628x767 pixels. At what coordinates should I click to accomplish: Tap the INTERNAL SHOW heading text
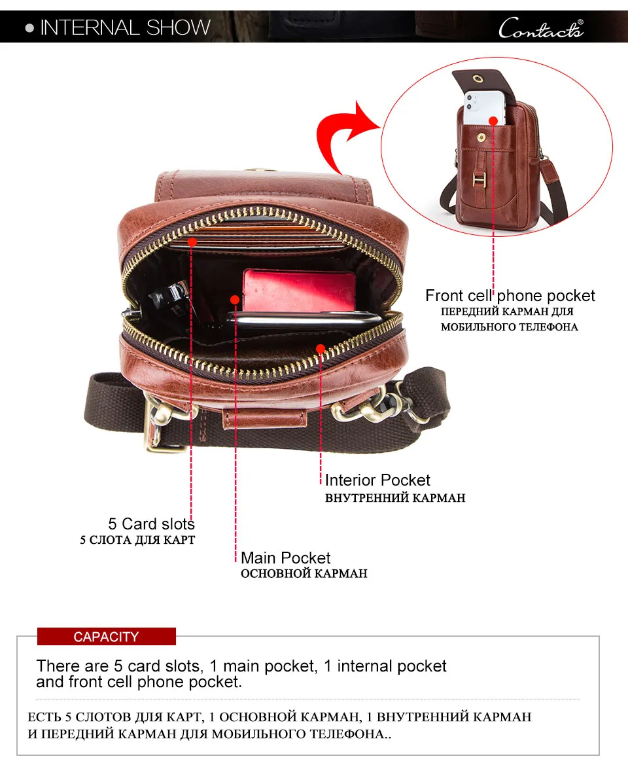coord(125,27)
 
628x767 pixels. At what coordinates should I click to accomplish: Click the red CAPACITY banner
coord(106,637)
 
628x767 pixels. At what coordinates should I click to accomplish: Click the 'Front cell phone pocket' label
coord(510,296)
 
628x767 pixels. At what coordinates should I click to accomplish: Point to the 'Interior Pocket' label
coord(377,480)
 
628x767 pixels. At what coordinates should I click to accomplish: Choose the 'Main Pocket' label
coord(285,558)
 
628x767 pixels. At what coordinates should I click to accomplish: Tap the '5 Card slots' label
coord(151,524)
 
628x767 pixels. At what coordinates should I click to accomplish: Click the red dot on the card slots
coord(192,242)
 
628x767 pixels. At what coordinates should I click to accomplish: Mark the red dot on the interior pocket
coord(321,349)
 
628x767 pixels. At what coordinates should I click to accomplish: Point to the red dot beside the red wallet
coord(235,300)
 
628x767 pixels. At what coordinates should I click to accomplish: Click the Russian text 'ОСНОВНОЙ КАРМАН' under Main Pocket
coord(304,574)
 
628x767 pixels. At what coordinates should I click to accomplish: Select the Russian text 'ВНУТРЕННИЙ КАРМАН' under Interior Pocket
coord(395,498)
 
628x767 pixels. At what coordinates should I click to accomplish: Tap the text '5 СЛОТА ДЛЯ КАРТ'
coord(137,541)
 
